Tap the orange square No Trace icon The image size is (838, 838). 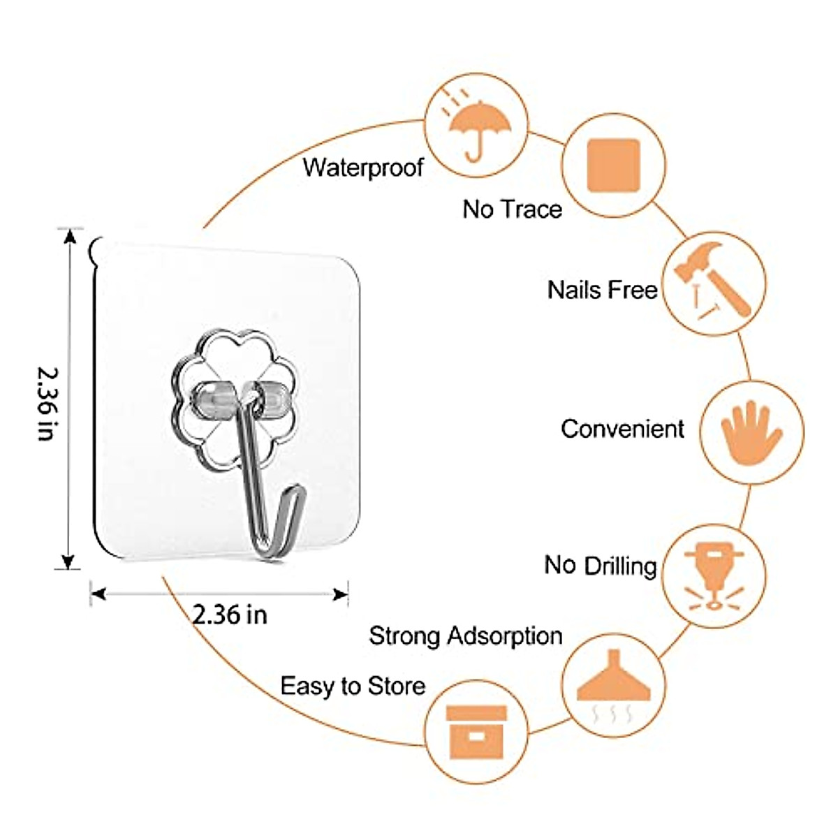click(x=614, y=166)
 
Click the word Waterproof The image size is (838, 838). click(x=363, y=168)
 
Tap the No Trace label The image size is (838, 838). click(x=512, y=209)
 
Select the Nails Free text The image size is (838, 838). click(x=602, y=289)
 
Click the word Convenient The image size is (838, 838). click(x=622, y=428)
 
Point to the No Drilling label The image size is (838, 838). click(x=601, y=565)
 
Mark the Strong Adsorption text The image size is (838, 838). click(x=466, y=635)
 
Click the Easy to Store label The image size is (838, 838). click(x=353, y=686)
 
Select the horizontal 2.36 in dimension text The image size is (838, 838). click(x=230, y=615)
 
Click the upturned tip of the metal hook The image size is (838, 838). click(x=298, y=491)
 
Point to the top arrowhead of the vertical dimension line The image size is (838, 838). click(x=68, y=235)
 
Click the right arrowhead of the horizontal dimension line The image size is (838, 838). click(x=341, y=594)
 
